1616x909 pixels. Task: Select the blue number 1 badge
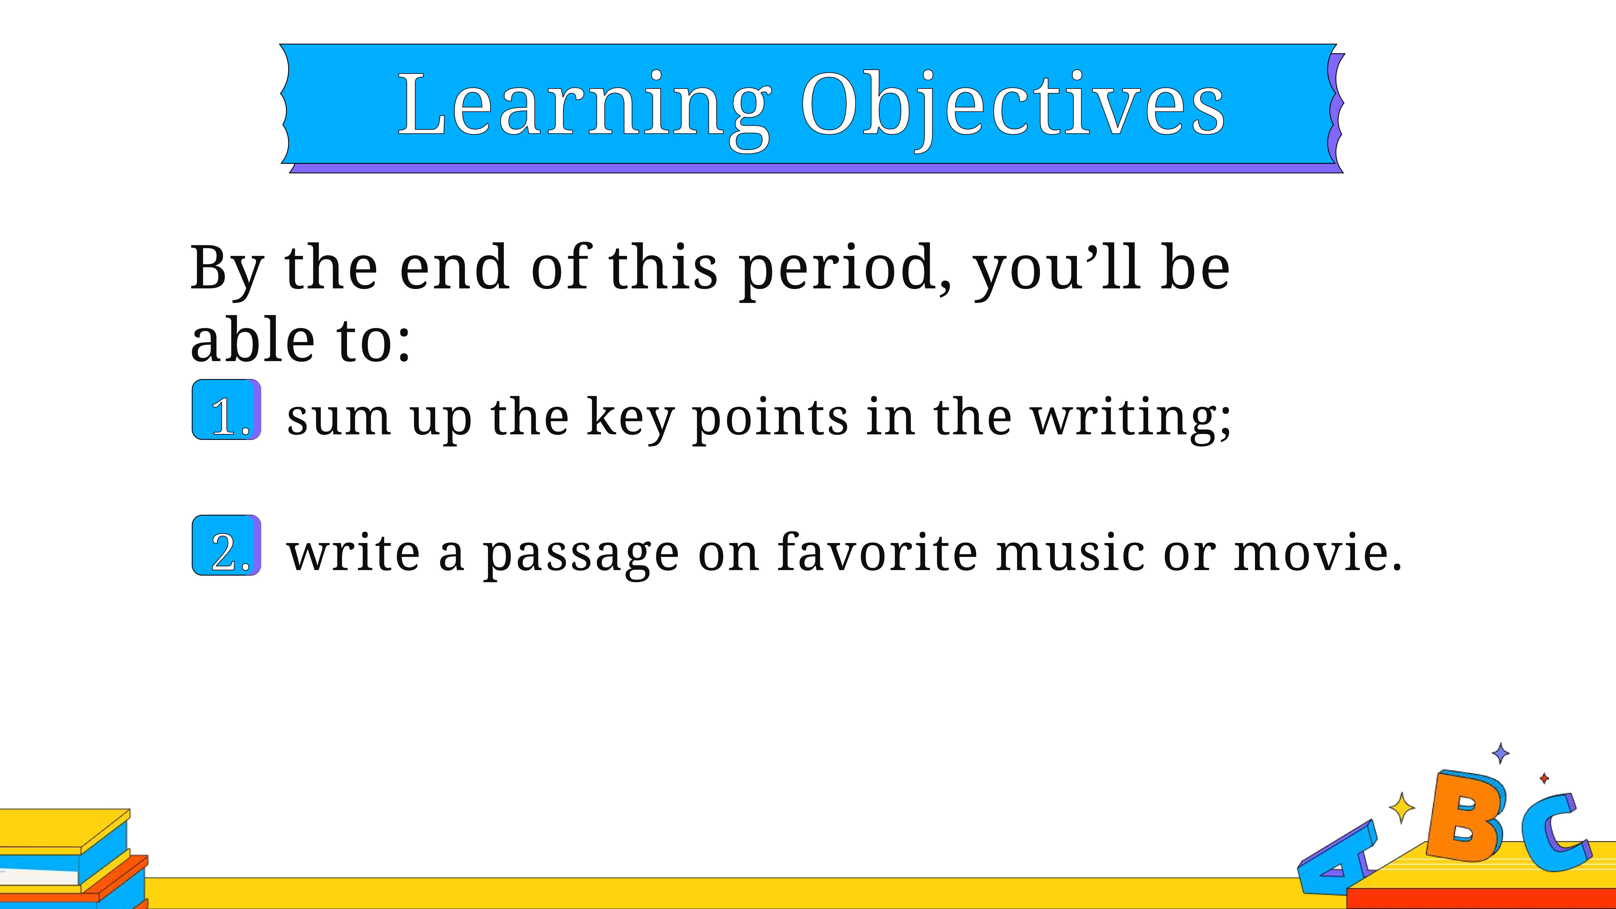click(x=227, y=410)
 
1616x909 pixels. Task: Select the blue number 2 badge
click(x=227, y=545)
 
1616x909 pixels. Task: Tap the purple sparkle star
click(x=1500, y=753)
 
